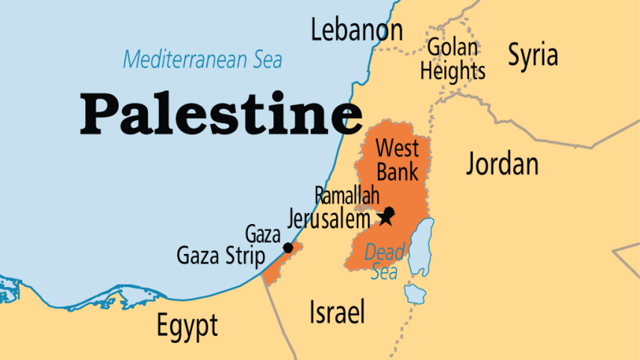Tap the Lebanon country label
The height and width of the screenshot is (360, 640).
(x=356, y=31)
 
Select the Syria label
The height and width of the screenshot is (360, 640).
(x=532, y=55)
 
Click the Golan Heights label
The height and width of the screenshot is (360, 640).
(x=453, y=59)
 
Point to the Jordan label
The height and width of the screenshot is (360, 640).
(x=502, y=164)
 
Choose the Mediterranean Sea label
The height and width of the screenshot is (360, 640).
(x=202, y=58)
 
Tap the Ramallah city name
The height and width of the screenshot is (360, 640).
(x=348, y=196)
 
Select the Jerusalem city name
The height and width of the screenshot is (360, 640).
(x=329, y=220)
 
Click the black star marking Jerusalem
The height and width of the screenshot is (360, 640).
(x=385, y=218)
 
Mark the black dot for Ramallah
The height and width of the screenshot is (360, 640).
(x=389, y=211)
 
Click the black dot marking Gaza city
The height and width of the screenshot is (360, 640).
(x=288, y=247)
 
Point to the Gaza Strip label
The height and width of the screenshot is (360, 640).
(x=220, y=256)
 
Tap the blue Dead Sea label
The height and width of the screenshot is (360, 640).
(x=384, y=262)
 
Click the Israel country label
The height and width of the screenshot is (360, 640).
(x=337, y=312)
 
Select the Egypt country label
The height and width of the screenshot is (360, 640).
(x=187, y=325)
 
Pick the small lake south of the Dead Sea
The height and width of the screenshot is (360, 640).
(x=413, y=293)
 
